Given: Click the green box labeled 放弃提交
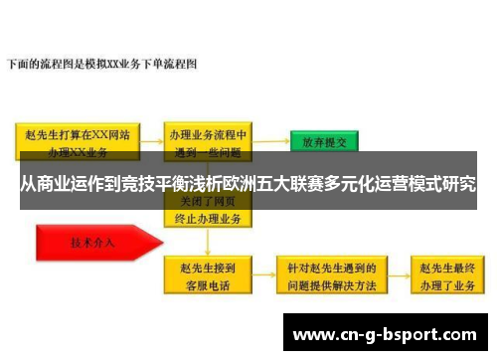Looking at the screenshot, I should click(324, 141).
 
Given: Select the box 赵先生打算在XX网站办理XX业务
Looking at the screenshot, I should click(80, 142).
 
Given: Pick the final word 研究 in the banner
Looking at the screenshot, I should click(459, 184).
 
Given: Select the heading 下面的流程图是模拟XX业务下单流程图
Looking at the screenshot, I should click(103, 64).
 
